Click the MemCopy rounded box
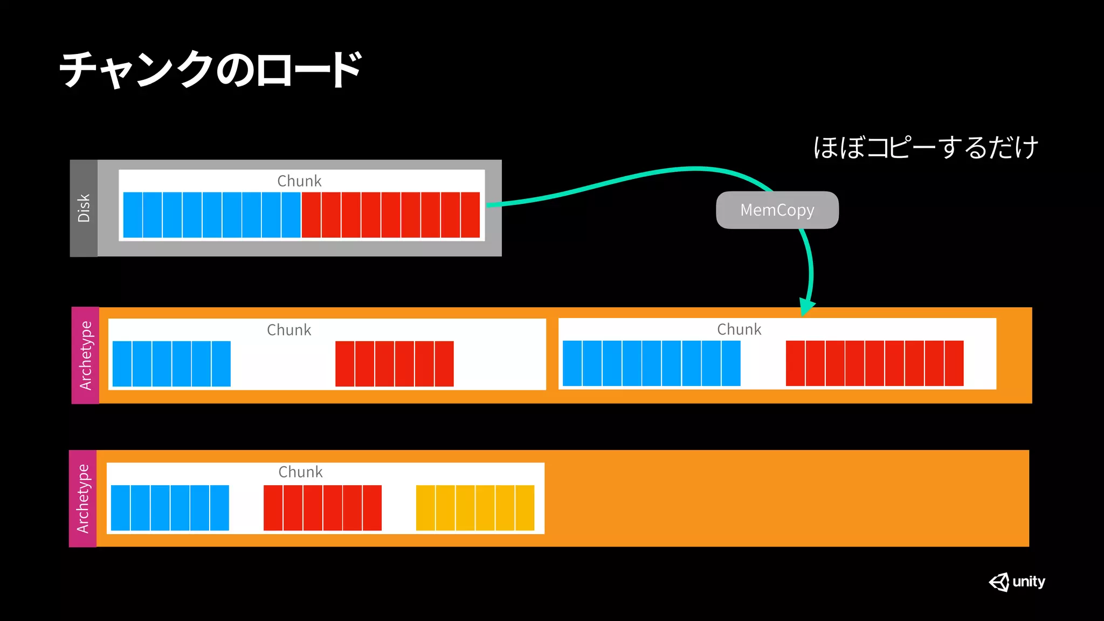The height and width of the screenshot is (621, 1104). coord(777,210)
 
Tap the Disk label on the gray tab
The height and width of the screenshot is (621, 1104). coord(84,208)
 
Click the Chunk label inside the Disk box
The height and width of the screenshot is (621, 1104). coord(299,181)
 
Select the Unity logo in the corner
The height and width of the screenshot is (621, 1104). coord(1017,582)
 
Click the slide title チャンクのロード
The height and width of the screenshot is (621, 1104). coord(210,70)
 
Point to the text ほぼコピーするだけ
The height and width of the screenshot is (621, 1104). coord(925,148)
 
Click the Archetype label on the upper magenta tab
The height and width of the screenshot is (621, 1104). coord(85,355)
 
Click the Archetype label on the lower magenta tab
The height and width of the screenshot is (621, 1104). coord(82,499)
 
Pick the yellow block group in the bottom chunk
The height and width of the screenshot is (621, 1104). coord(475,508)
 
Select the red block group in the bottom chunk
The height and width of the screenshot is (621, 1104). coord(322,508)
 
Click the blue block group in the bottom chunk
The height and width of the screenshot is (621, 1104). coord(170,508)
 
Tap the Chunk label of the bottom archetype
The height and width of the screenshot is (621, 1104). coord(300,472)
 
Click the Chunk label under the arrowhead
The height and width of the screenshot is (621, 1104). coord(739,329)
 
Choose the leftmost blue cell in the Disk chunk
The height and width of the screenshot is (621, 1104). coord(133,215)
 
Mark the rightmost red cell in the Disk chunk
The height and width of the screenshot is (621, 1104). coord(470,215)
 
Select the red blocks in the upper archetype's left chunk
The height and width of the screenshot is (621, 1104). coord(394,364)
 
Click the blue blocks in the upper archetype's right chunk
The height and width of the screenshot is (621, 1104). coord(651,363)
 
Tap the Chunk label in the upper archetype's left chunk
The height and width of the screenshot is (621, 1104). coord(289,330)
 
